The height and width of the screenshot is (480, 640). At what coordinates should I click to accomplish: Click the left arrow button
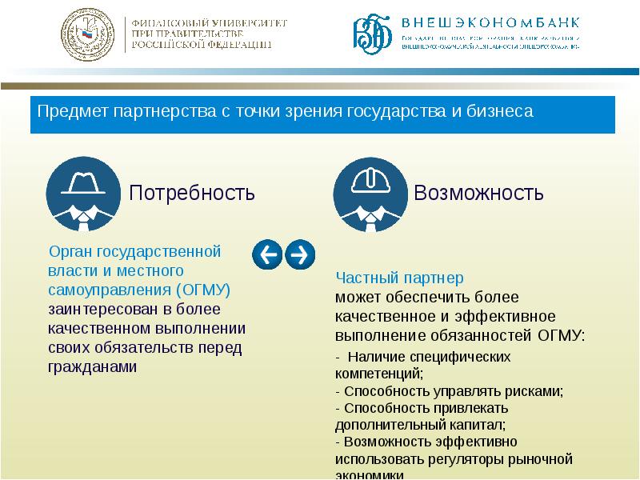[267, 254]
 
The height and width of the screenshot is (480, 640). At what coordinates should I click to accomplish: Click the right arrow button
[299, 254]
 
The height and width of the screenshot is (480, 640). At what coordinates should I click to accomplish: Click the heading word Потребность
[192, 193]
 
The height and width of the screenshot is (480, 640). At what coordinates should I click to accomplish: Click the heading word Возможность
[478, 193]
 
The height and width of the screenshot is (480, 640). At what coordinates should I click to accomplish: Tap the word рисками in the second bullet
[539, 391]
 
